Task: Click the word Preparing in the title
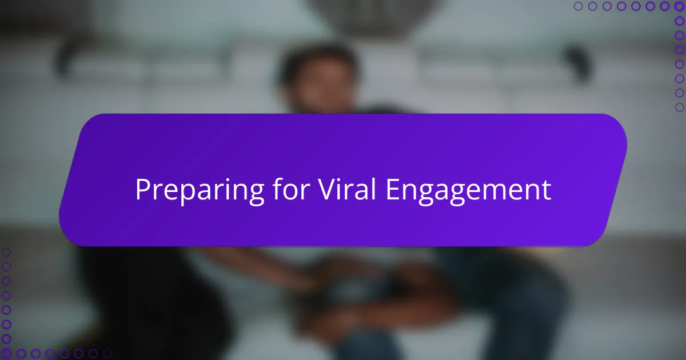tap(200, 190)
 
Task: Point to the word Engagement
tap(468, 191)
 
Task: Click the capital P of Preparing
tap(143, 190)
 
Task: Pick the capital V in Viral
tap(328, 190)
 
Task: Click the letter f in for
tap(278, 189)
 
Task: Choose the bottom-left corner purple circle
tap(6, 353)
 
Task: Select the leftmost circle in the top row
tap(578, 6)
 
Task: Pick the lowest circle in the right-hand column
tap(679, 107)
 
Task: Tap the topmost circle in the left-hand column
tap(6, 253)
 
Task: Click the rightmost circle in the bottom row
tap(107, 354)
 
